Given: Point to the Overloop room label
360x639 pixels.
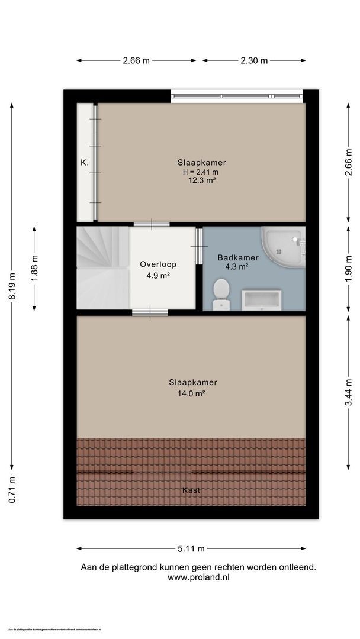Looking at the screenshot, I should tap(158, 264).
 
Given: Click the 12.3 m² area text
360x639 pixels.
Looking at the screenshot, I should tap(201, 181).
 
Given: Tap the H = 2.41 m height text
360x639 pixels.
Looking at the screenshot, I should tap(201, 172).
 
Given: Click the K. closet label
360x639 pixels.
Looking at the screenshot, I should tap(85, 161).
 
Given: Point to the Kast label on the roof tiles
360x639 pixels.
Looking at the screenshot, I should tap(191, 490).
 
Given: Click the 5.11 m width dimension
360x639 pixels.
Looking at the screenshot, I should tap(191, 548).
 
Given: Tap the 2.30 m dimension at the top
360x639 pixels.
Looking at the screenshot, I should tap(254, 60).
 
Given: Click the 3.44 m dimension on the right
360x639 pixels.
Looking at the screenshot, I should tap(349, 392).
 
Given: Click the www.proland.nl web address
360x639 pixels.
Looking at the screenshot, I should tap(198, 576).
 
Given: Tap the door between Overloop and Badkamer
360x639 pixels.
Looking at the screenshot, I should tap(199, 246).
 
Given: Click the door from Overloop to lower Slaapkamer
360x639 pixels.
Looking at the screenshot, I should tap(149, 312).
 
